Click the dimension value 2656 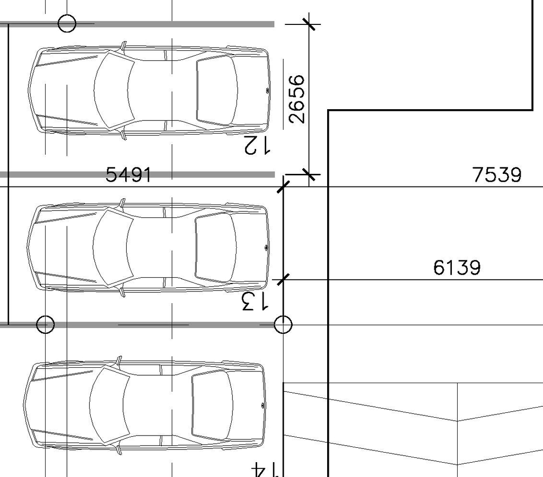click(x=297, y=99)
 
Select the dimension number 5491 click(x=128, y=174)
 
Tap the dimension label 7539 click(x=497, y=174)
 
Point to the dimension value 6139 click(x=457, y=268)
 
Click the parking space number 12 click(x=257, y=145)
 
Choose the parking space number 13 click(x=255, y=301)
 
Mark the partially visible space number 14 click(x=266, y=470)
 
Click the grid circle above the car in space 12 click(x=67, y=23)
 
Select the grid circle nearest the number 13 click(x=283, y=324)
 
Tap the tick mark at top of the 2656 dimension click(x=309, y=24)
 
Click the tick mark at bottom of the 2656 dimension click(x=309, y=174)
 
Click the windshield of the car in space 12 click(x=112, y=91)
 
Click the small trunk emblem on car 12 click(x=266, y=91)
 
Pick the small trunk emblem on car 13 click(x=265, y=248)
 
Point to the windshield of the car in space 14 click(x=108, y=405)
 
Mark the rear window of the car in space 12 click(x=217, y=91)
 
